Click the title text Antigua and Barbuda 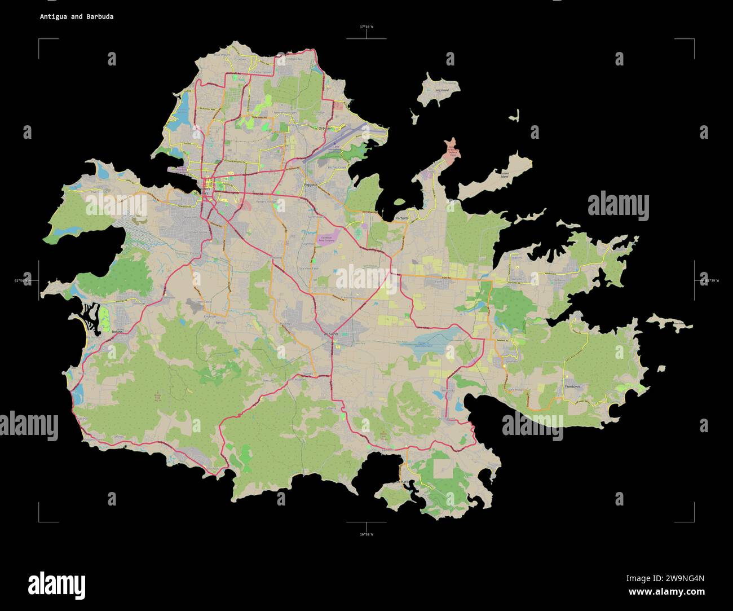tap(76, 17)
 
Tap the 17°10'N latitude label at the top tap(366, 27)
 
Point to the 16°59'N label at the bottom tap(366, 534)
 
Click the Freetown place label tap(572, 386)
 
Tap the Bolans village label tap(117, 332)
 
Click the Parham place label tap(401, 217)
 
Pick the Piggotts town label tap(311, 184)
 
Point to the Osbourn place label tap(326, 129)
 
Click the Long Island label tap(441, 90)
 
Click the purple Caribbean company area tap(328, 237)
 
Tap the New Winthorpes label tap(285, 113)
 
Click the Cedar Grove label tap(262, 73)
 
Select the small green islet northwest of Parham tap(399, 201)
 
